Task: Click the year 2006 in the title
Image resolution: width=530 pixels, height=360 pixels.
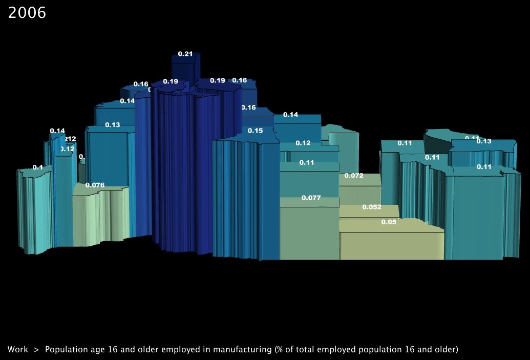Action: click(27, 13)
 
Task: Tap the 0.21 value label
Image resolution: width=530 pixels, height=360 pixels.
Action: click(185, 54)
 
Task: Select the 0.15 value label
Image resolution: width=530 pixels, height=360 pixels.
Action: click(255, 131)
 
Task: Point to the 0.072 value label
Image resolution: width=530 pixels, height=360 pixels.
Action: click(354, 176)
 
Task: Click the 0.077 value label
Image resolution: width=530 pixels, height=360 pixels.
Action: click(311, 198)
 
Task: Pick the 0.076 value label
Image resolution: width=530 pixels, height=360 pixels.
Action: click(95, 185)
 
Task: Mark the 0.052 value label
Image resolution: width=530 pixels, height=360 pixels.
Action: click(371, 207)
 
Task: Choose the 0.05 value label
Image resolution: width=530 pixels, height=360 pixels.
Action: click(389, 222)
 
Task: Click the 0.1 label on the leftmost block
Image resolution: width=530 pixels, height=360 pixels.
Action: click(37, 167)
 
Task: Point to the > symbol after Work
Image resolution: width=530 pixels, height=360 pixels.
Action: click(36, 350)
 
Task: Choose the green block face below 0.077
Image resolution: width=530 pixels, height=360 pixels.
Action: click(309, 233)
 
